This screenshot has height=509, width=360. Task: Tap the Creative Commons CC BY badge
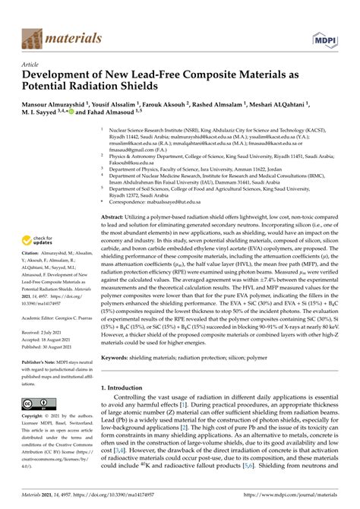[x=35, y=403]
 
